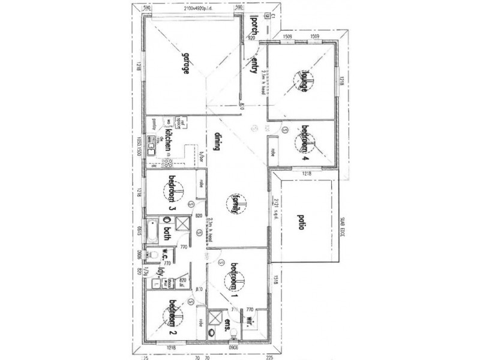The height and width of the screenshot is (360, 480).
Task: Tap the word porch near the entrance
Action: coord(254,25)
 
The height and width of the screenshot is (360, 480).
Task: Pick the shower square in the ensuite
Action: coord(214,317)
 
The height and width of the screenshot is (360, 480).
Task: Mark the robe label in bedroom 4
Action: coord(274,153)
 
